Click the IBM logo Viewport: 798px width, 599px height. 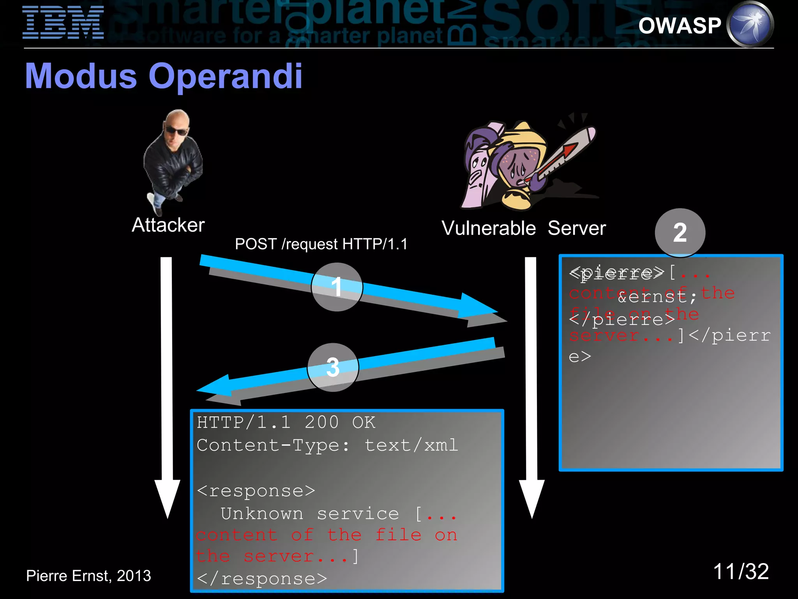click(63, 23)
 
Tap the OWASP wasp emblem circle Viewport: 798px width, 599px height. click(750, 24)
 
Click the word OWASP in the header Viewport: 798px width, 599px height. click(680, 26)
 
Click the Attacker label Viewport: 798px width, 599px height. click(168, 225)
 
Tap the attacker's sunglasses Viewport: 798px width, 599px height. click(177, 131)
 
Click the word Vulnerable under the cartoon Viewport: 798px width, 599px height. click(488, 228)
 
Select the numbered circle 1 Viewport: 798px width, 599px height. click(337, 287)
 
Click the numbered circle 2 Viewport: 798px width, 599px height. click(680, 233)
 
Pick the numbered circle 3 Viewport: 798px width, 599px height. click(333, 367)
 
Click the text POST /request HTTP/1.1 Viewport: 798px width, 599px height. click(321, 244)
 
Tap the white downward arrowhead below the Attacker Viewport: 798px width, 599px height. click(167, 497)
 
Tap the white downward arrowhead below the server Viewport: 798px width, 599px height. click(531, 497)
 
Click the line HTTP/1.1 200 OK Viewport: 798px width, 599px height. click(286, 422)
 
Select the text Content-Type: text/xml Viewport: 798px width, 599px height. click(327, 445)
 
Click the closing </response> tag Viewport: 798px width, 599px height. click(262, 579)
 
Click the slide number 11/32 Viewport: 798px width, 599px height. click(740, 572)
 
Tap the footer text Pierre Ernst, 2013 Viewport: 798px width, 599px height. click(88, 576)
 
